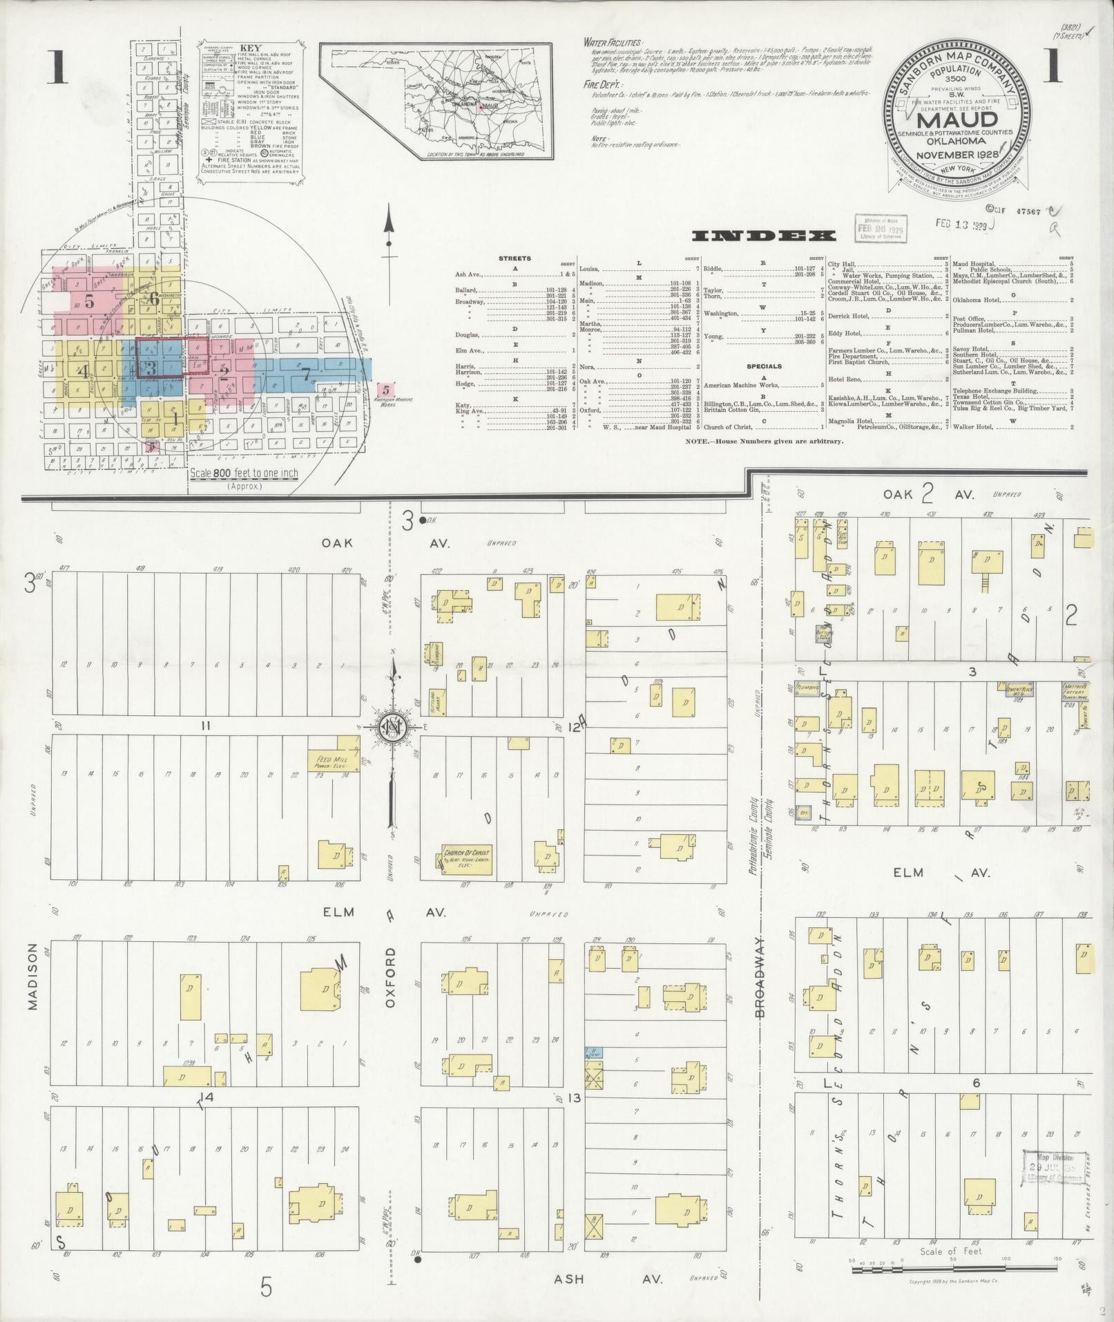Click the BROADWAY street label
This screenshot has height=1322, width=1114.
pyautogui.click(x=760, y=976)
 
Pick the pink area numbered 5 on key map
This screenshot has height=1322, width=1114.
pyautogui.click(x=88, y=301)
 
